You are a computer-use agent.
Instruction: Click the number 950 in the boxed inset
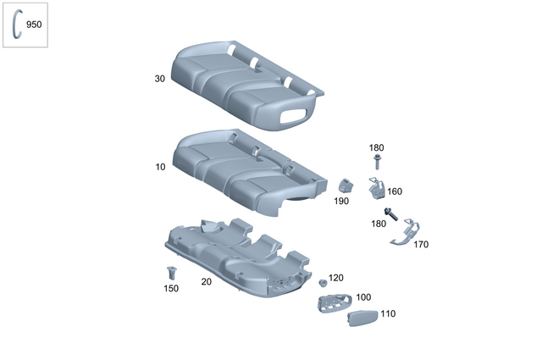point(34,25)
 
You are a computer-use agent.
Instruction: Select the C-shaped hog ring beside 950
point(16,24)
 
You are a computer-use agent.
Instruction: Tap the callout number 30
point(159,79)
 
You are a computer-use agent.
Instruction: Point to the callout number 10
point(160,167)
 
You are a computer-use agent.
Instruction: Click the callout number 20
point(206,282)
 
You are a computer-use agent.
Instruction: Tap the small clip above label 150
point(172,273)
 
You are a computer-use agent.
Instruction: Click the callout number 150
point(171,289)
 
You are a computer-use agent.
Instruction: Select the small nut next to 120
point(323,282)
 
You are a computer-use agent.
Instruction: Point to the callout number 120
point(337,278)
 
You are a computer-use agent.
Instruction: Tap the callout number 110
point(388,313)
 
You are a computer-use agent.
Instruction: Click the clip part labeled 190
point(346,186)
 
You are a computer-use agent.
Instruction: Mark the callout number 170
point(421,244)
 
